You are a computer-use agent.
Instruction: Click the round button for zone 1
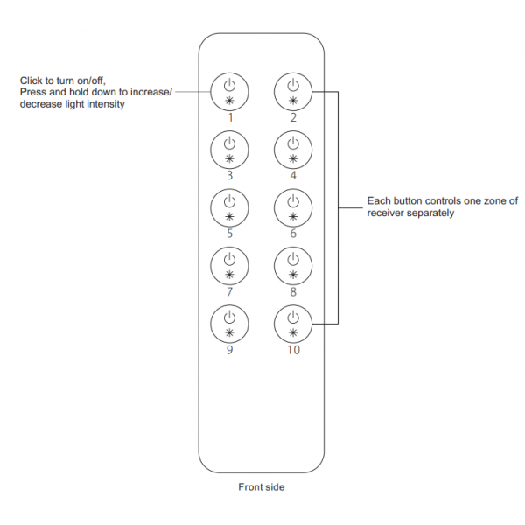(x=229, y=92)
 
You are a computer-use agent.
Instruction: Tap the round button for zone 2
(x=293, y=92)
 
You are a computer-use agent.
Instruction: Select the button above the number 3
(x=229, y=150)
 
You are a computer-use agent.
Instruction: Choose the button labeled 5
(x=229, y=207)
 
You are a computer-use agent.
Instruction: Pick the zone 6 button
(x=293, y=207)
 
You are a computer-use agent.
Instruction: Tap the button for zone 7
(x=229, y=266)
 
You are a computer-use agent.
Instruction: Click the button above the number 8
(x=293, y=266)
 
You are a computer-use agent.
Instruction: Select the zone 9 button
(x=229, y=324)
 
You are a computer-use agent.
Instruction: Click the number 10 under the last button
(x=293, y=350)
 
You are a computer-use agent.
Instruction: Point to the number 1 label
(x=230, y=117)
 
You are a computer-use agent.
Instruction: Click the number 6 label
(x=293, y=234)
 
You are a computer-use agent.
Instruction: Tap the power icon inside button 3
(x=229, y=143)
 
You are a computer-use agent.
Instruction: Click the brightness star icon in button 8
(x=293, y=275)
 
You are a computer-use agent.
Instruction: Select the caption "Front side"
(x=261, y=486)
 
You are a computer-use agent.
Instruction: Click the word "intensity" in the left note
(x=106, y=104)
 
